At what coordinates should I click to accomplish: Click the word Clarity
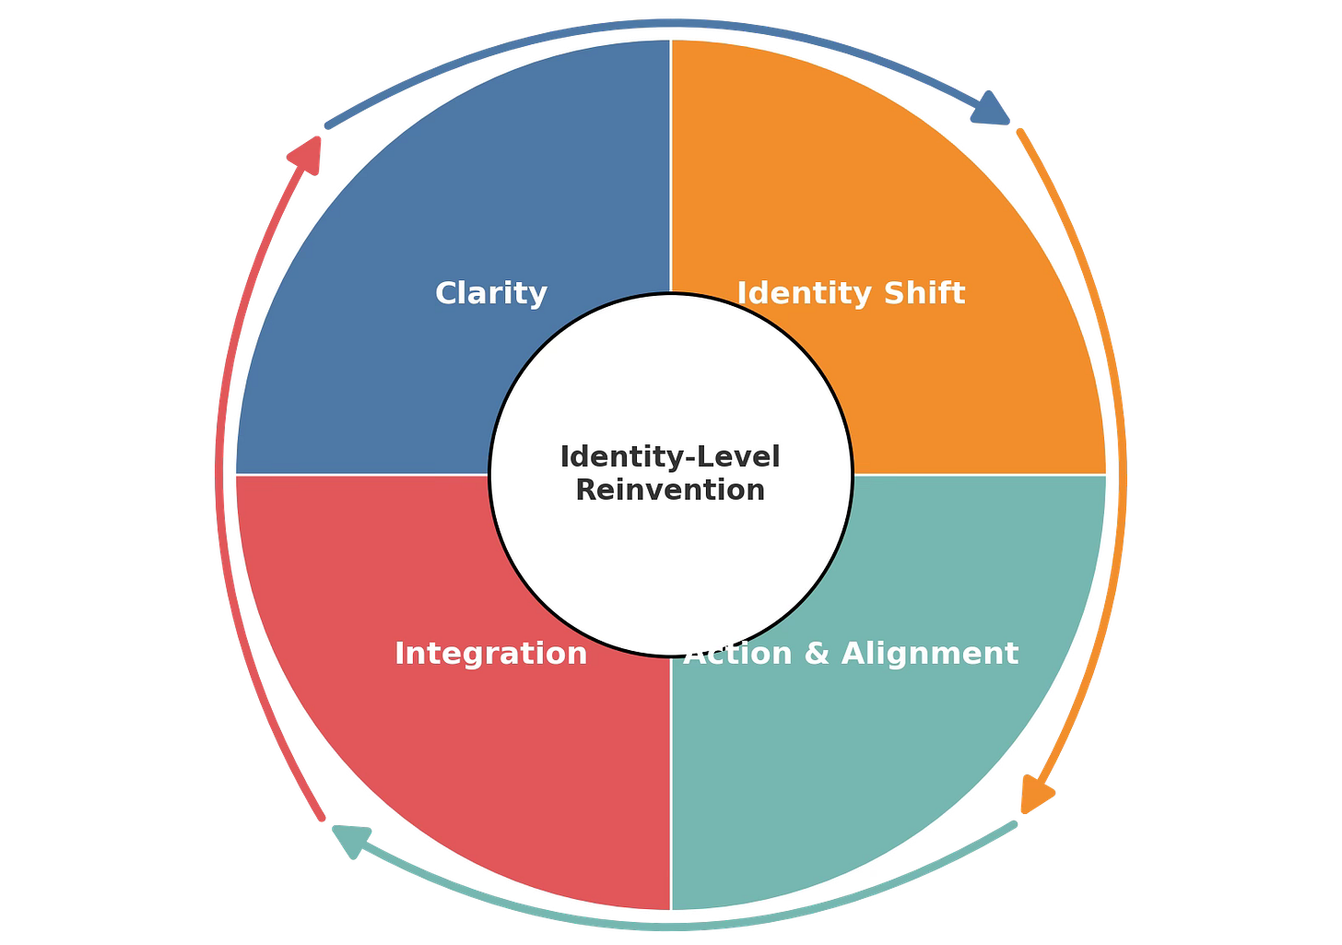point(491,294)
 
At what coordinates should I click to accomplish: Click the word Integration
point(491,654)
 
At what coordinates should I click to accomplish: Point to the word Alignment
point(929,654)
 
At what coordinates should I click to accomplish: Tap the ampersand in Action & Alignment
point(817,654)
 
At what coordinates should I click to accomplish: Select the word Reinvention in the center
point(670,490)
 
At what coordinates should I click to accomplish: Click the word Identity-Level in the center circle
point(670,457)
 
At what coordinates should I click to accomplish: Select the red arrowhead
point(307,153)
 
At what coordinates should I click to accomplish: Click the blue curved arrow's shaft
point(670,23)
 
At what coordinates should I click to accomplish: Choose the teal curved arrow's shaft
point(670,925)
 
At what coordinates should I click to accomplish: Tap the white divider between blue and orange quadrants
point(671,166)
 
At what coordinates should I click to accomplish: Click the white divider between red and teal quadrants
point(671,784)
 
